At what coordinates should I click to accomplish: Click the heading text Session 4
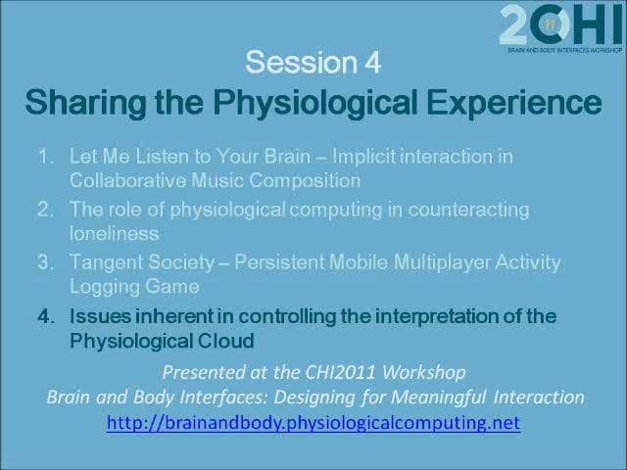(313, 63)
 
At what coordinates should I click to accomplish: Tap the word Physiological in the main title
(315, 103)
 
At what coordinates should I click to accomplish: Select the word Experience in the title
(513, 103)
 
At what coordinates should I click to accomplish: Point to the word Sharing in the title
(85, 103)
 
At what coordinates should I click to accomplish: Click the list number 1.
(46, 156)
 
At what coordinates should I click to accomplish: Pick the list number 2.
(45, 210)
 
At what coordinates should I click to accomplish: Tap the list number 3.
(45, 262)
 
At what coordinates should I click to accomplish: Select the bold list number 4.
(46, 316)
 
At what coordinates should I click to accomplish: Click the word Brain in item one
(287, 156)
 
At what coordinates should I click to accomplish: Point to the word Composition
(305, 180)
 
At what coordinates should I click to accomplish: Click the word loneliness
(115, 233)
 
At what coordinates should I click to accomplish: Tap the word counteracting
(468, 211)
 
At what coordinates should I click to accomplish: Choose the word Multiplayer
(442, 263)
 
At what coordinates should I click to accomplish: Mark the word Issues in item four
(100, 316)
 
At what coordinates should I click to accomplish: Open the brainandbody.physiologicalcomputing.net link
(313, 422)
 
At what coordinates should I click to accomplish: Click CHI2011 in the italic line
(340, 372)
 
